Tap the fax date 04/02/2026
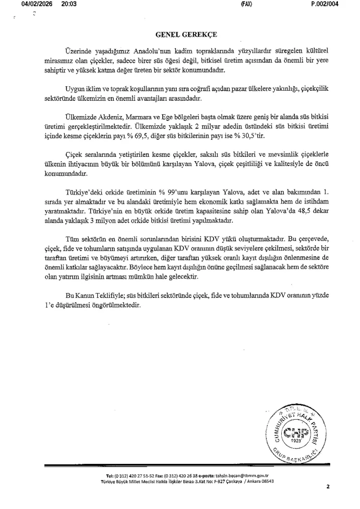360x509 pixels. [x=36, y=4]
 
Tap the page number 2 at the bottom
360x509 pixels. [x=328, y=486]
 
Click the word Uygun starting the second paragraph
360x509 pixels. [x=74, y=90]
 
